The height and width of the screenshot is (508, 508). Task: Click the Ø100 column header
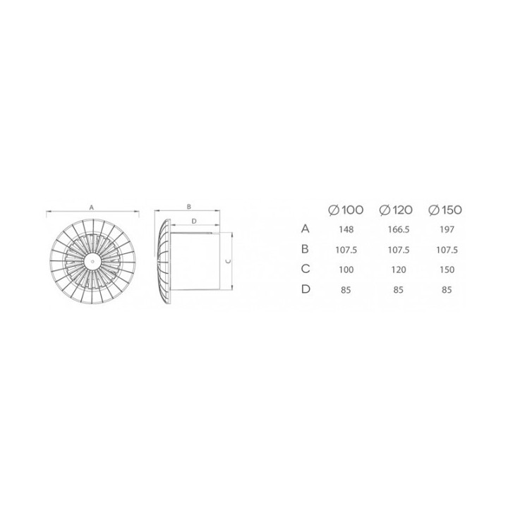[346, 210]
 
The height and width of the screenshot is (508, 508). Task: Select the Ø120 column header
[395, 210]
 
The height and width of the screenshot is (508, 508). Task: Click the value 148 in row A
[346, 229]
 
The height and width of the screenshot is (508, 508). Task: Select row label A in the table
[305, 229]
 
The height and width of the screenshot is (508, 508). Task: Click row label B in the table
[305, 249]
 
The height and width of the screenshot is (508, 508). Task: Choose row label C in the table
[305, 270]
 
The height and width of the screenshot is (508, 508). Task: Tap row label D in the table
[305, 289]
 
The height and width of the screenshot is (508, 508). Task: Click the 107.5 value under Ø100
[346, 250]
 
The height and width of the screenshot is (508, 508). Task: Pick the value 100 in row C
[346, 270]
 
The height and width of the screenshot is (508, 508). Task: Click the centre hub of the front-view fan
[92, 259]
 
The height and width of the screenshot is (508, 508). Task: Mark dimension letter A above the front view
[92, 207]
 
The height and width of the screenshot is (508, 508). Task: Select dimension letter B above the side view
[189, 207]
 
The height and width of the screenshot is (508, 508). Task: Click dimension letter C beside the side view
[225, 260]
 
